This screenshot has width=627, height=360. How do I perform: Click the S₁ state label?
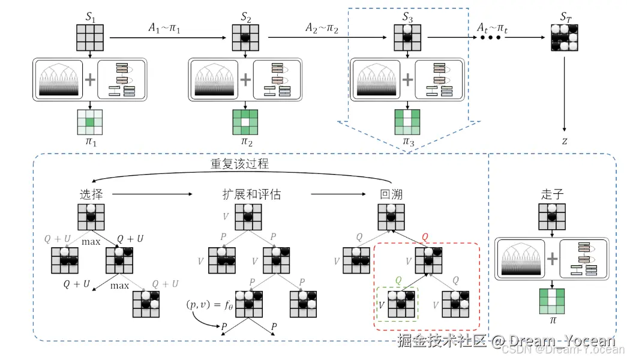[x=90, y=17]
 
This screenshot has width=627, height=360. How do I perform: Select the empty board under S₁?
[x=90, y=38]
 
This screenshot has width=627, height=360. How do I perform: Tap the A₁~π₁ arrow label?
[x=164, y=28]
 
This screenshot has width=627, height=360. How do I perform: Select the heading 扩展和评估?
[x=248, y=194]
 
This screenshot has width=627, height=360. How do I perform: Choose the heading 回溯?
[x=391, y=194]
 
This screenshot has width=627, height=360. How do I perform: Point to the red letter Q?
[x=425, y=237]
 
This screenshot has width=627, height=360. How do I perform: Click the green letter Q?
[x=398, y=280]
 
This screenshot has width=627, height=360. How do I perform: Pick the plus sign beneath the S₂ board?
[x=245, y=78]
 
